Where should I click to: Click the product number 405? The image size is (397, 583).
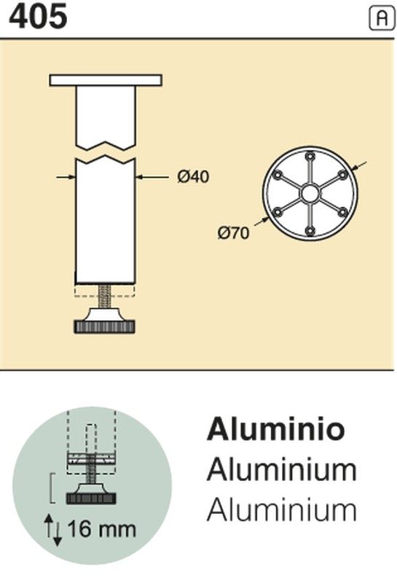point(38,16)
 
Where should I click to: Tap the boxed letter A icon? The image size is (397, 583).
point(382,18)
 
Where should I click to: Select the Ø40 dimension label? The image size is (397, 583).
point(193,176)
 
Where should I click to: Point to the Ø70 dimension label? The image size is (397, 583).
point(233,233)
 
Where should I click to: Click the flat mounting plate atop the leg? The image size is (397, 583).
point(106,80)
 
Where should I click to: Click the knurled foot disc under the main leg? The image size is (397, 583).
point(105,327)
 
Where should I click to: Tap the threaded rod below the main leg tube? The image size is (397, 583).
point(105,296)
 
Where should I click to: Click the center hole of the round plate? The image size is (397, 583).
point(310,194)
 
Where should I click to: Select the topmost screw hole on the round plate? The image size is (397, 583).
point(310,157)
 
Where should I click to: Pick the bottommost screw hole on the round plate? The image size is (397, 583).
point(310,231)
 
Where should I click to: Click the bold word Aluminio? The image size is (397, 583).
point(276,429)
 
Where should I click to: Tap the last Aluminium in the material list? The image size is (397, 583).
point(282,510)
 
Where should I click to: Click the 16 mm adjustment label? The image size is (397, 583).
point(101,529)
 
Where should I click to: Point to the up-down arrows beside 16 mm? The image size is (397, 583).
point(52,530)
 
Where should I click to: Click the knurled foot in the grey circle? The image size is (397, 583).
point(91,498)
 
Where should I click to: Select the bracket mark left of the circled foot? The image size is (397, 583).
point(52,488)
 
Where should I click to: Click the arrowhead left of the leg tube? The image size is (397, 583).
point(71,177)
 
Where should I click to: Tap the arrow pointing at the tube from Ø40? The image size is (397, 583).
point(152,177)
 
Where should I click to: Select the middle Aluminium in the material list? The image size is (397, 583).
point(282,470)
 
